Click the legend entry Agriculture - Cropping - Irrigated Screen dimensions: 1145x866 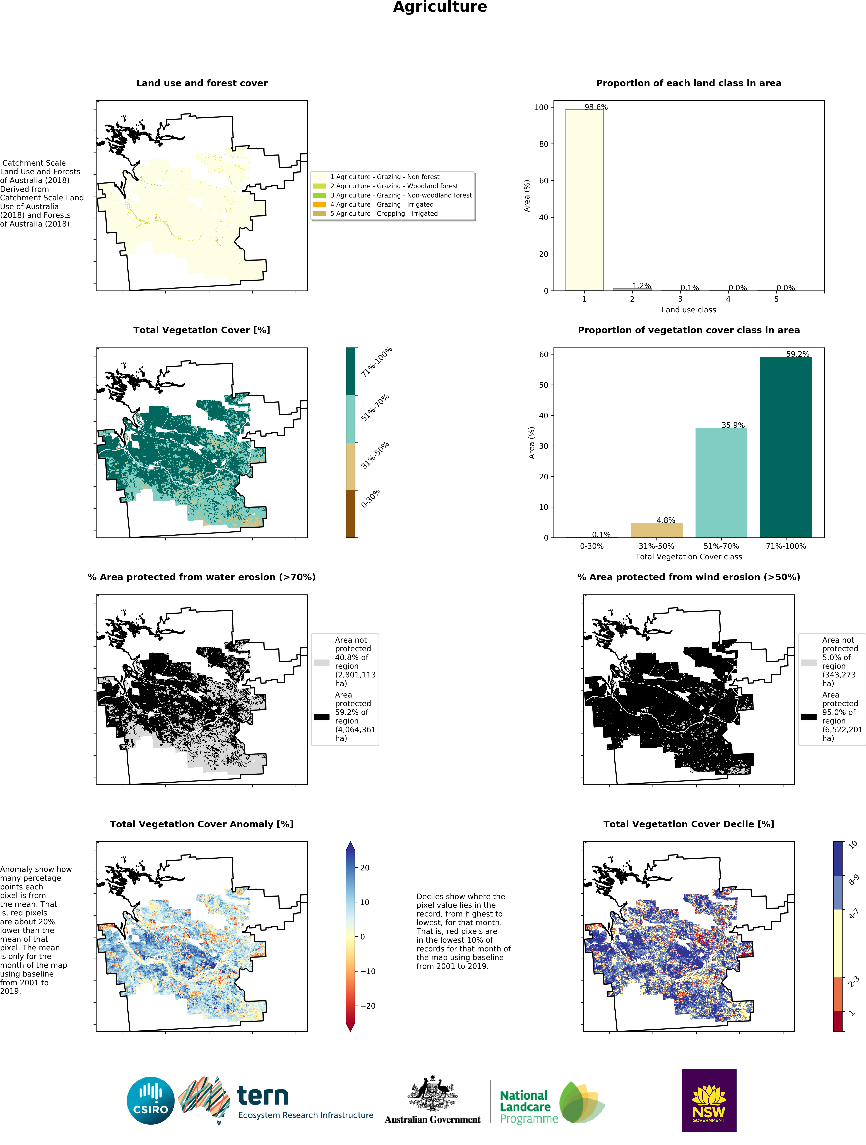(x=384, y=214)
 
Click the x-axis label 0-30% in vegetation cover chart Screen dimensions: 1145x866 (x=591, y=546)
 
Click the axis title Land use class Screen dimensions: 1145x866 (x=689, y=310)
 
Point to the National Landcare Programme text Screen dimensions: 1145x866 (x=525, y=1107)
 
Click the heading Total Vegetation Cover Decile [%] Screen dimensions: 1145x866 (x=689, y=824)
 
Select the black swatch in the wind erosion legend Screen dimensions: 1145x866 (x=809, y=717)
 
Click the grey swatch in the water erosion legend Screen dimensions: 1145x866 (x=321, y=662)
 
